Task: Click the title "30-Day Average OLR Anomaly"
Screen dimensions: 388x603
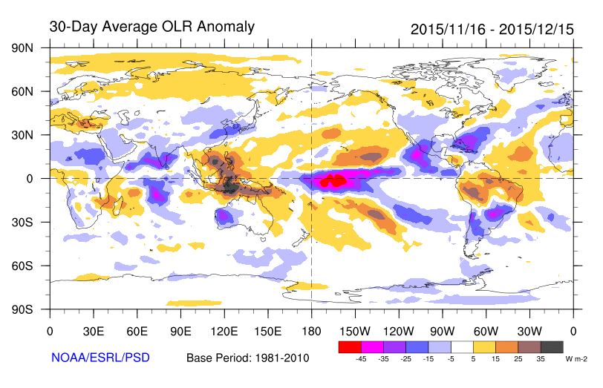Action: pos(151,27)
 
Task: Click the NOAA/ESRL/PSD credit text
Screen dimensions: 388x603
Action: pos(100,358)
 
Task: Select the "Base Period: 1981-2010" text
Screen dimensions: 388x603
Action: pos(247,358)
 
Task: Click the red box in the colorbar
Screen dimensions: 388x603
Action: pos(349,346)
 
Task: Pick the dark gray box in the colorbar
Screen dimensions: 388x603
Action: pos(552,346)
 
